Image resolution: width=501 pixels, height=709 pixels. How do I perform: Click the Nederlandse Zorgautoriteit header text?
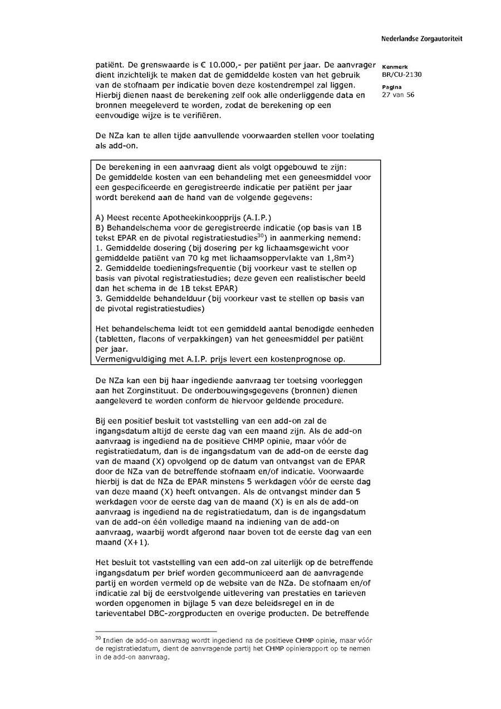(x=421, y=39)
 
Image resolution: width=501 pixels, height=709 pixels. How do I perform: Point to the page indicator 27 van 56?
(x=398, y=95)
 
